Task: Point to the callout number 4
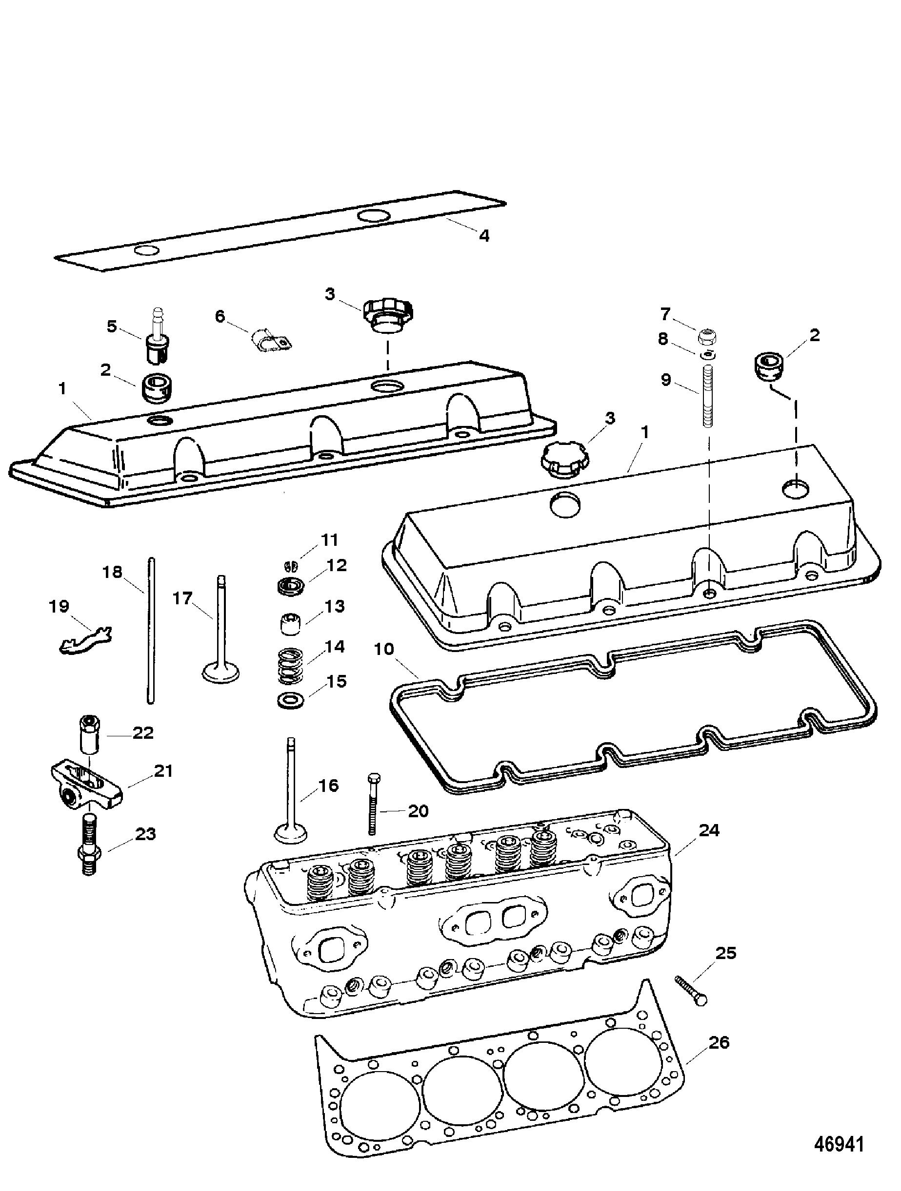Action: (484, 235)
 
